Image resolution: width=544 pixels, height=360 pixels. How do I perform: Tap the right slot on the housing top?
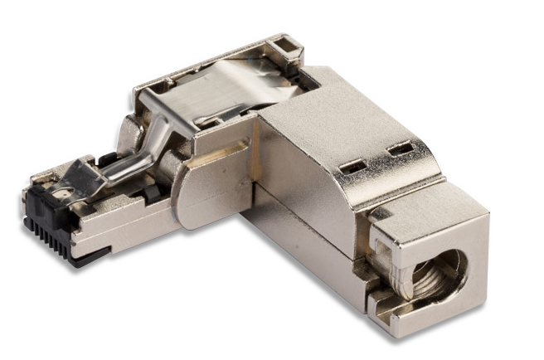[x=401, y=150]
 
